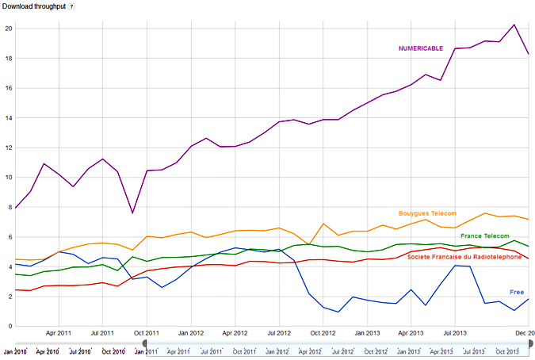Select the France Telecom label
click(484, 236)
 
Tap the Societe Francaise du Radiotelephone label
click(464, 256)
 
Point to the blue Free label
click(516, 293)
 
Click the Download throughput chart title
click(32, 6)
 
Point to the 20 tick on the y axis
click(10, 29)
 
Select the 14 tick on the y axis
click(10, 118)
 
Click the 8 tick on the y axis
click(10, 207)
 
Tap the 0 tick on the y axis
click(10, 326)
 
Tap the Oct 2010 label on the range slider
click(113, 351)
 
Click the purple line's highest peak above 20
click(514, 25)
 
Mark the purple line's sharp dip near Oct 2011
click(132, 213)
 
